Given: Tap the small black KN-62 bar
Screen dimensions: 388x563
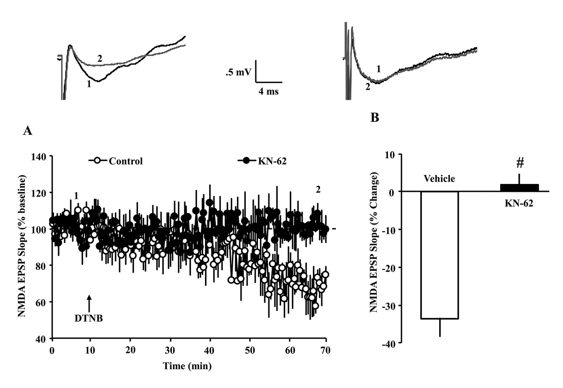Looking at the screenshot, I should [519, 188].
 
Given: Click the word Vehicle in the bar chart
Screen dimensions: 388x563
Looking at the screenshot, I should [439, 179].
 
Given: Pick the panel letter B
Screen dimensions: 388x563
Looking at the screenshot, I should [374, 118].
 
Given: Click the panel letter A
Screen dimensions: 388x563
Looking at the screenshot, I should [28, 132].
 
